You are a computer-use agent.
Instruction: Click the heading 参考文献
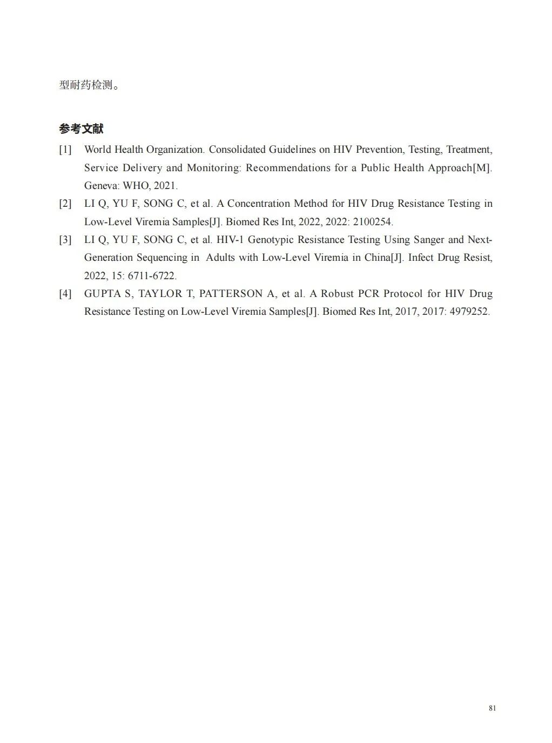click(81, 129)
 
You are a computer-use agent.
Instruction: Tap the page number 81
click(492, 708)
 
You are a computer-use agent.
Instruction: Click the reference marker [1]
click(65, 150)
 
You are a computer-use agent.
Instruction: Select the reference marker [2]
click(65, 204)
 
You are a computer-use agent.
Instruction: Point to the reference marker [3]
click(65, 240)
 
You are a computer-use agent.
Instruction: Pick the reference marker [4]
click(65, 294)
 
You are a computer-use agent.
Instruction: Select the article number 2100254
click(372, 222)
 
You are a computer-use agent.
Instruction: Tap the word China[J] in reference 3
click(383, 258)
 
